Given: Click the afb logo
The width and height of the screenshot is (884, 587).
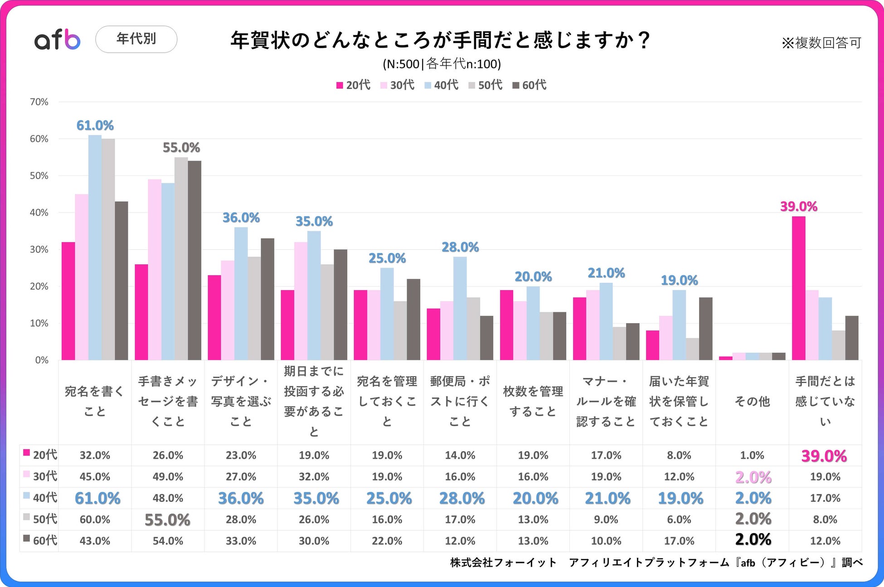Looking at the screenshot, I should [x=58, y=39].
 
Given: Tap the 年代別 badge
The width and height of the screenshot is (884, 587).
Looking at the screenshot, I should [x=136, y=39].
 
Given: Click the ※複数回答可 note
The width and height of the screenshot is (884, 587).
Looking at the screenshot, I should [x=821, y=43].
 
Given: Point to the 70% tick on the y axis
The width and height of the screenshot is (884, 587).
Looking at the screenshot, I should [x=39, y=102].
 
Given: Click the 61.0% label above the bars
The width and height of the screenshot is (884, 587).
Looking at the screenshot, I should [x=95, y=125].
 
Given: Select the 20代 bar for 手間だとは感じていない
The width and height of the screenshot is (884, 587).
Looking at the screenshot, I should [x=798, y=288].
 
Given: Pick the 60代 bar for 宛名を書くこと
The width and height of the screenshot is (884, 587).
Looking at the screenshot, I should [x=121, y=281].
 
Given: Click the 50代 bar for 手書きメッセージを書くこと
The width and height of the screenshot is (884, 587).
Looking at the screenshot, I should [x=181, y=258].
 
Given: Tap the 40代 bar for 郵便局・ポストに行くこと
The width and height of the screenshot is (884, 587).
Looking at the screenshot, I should [x=460, y=308].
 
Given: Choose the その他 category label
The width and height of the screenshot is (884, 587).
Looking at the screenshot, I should [x=752, y=401].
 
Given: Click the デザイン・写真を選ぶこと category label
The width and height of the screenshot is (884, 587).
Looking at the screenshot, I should [x=241, y=401].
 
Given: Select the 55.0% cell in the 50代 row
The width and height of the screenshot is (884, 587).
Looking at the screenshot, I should [x=167, y=519].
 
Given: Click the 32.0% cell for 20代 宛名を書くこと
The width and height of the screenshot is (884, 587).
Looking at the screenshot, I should [x=95, y=455].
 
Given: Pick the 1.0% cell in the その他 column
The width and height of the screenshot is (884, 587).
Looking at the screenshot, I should [x=752, y=455].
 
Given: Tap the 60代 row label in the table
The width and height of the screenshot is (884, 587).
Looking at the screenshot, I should [x=40, y=540].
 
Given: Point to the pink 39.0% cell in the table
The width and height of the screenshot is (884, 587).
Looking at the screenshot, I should [x=824, y=456].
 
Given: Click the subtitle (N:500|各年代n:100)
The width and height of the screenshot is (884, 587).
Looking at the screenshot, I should [x=442, y=64].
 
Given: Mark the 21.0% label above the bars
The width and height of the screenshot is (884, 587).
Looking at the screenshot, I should [x=606, y=273].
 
